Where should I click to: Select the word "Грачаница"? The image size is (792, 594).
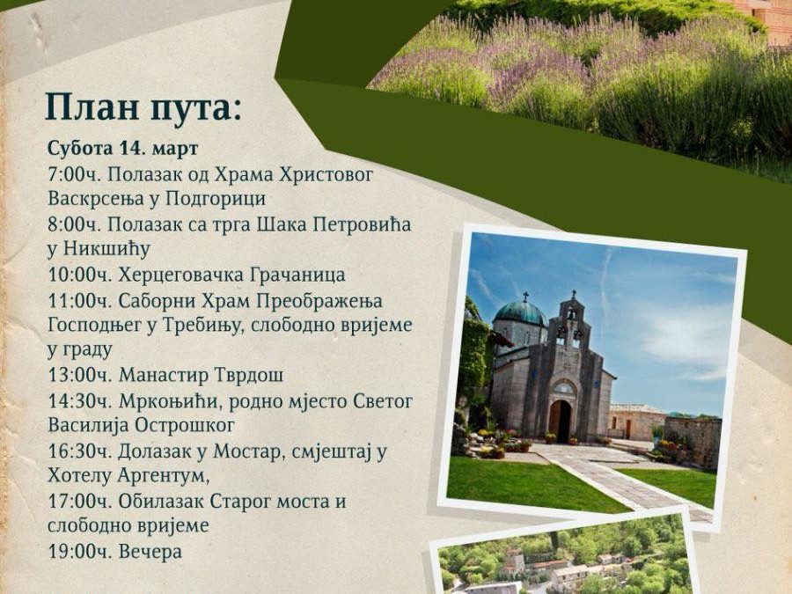pyautogui.click(x=294, y=275)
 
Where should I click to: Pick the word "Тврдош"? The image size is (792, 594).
pyautogui.click(x=246, y=375)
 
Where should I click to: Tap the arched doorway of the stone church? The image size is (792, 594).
pyautogui.click(x=560, y=419)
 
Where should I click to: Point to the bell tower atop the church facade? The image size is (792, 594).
pyautogui.click(x=572, y=322)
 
